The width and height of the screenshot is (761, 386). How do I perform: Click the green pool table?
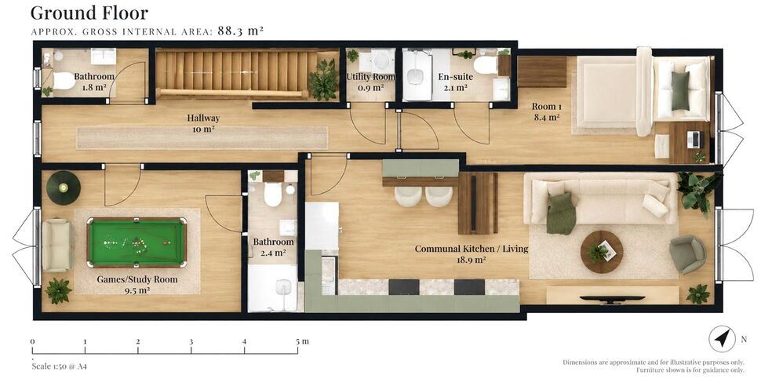click(137, 242)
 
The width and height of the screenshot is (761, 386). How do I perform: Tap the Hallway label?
click(203, 118)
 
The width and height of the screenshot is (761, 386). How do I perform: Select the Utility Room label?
click(371, 77)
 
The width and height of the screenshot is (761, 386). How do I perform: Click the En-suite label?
click(455, 77)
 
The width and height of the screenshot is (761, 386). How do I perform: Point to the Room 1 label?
click(547, 107)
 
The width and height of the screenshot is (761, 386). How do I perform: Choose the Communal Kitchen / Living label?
click(471, 249)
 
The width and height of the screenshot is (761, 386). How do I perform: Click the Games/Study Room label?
click(137, 279)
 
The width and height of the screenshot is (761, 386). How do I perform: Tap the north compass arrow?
click(723, 338)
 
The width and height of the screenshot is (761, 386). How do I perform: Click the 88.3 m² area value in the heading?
click(240, 31)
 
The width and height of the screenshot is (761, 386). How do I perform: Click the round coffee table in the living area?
click(602, 252)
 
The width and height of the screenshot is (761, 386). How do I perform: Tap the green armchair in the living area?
click(688, 254)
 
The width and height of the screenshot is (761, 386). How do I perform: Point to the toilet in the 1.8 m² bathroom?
click(62, 80)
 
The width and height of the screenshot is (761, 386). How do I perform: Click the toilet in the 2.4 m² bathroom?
click(273, 195)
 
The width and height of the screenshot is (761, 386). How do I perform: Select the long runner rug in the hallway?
click(202, 138)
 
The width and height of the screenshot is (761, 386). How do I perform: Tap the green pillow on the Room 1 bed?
click(680, 91)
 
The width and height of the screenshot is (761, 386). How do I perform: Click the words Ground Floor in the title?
click(89, 13)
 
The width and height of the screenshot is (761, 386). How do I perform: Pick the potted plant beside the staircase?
click(323, 79)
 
